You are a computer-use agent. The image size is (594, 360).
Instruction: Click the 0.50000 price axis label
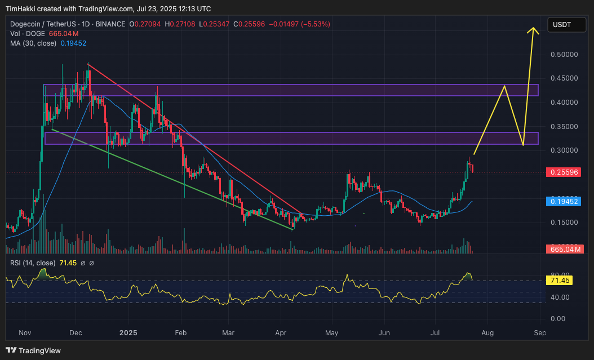[564, 55]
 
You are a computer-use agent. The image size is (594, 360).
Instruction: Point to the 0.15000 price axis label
[564, 223]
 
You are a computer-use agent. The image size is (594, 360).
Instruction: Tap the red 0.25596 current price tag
[564, 172]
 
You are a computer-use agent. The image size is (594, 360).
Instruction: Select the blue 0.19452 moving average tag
[564, 201]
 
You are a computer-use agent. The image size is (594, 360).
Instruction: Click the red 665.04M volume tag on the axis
[564, 249]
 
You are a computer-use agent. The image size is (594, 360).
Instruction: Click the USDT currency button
[562, 25]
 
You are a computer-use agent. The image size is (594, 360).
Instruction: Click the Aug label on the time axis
[487, 333]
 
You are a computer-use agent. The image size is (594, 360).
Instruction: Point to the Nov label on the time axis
[25, 333]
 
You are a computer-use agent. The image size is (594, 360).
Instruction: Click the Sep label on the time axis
[539, 333]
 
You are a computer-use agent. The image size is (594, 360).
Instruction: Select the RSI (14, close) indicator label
[33, 263]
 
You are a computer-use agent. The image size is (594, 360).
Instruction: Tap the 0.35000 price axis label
[564, 127]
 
